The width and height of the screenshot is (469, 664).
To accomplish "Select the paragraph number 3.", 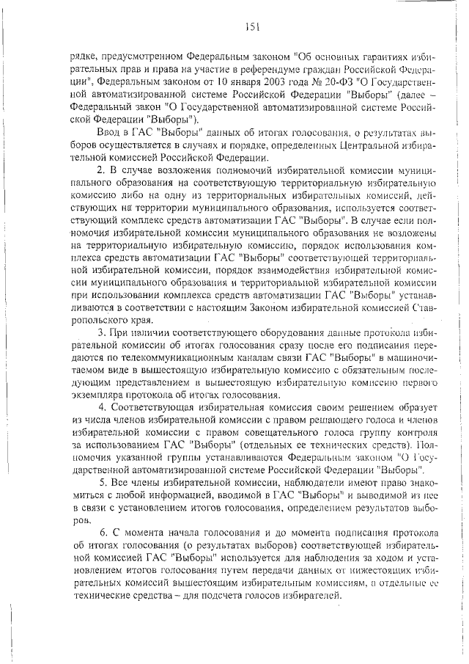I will [x=103, y=332].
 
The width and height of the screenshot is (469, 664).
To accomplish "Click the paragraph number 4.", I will [x=103, y=407].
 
